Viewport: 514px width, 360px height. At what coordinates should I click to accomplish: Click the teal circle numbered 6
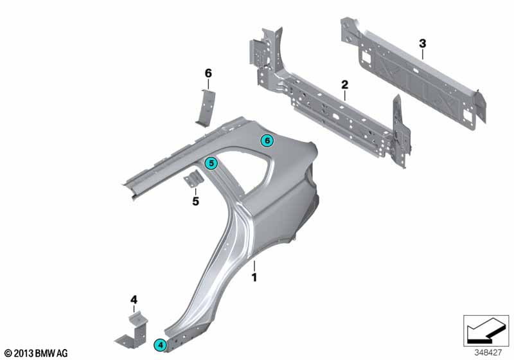tap(267, 141)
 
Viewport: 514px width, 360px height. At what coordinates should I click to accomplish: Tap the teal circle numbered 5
tap(211, 163)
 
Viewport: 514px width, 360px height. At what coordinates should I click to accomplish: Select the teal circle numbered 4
tap(160, 345)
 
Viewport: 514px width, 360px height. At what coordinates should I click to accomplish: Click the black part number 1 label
tap(254, 277)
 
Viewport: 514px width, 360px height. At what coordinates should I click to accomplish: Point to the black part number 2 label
tap(344, 85)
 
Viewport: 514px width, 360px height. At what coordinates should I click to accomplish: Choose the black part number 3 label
tap(423, 43)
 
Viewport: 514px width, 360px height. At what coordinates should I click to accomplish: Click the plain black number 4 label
tap(134, 300)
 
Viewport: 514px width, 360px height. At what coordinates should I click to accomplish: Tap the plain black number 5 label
tap(195, 201)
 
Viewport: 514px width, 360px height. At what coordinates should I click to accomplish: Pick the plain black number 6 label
tap(208, 73)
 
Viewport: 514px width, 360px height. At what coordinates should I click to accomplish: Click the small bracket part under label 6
tap(206, 107)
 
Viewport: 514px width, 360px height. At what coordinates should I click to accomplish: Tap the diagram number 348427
tap(488, 353)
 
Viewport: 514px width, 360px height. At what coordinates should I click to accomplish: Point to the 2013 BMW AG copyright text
tap(36, 353)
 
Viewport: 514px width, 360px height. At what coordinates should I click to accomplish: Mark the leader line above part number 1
tap(254, 266)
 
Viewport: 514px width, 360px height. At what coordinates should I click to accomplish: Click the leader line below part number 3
tap(423, 55)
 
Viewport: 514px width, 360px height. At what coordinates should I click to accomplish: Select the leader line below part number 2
tap(344, 95)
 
